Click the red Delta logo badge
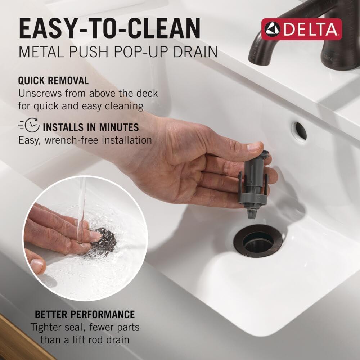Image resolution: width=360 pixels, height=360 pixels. [301, 29]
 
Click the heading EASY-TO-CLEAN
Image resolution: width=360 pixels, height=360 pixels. [110, 29]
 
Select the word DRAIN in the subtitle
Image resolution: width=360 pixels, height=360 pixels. [195, 52]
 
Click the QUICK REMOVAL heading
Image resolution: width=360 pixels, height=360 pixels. [53, 81]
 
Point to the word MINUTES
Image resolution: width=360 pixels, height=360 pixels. [119, 127]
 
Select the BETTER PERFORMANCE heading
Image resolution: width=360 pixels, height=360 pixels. [85, 314]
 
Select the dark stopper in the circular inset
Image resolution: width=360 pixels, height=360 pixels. [103, 241]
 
